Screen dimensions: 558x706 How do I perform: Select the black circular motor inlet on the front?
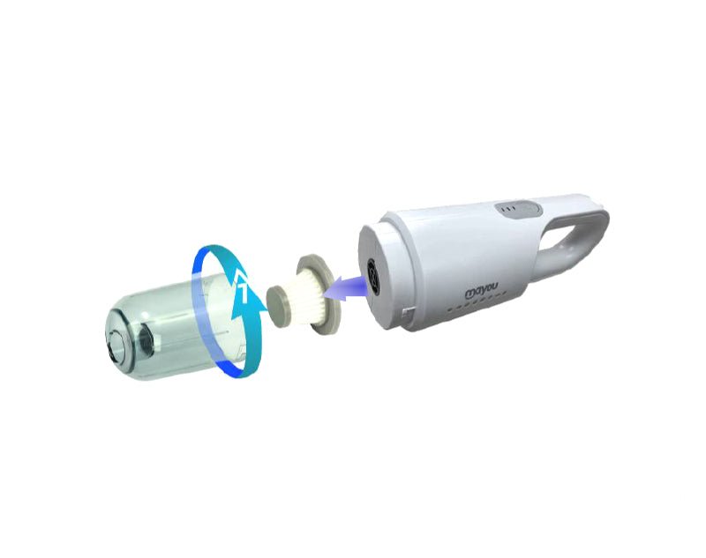(x=373, y=275)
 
